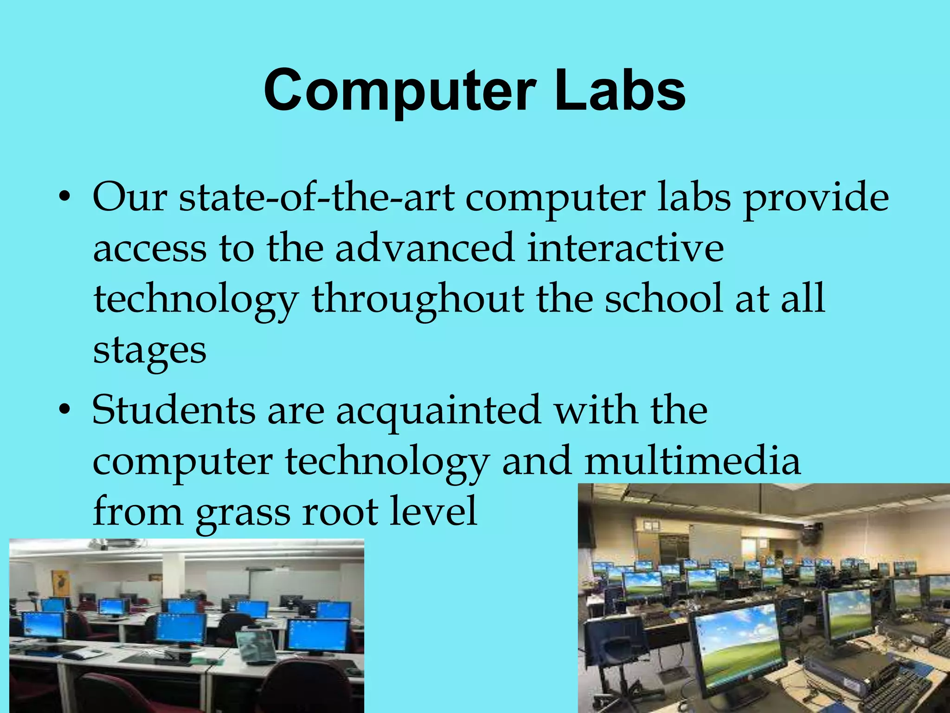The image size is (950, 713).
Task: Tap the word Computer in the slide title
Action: pyautogui.click(x=400, y=91)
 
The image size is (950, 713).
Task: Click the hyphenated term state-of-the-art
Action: pyautogui.click(x=317, y=198)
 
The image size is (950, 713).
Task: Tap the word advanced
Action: pyautogui.click(x=424, y=248)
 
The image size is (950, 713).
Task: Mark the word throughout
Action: pyautogui.click(x=417, y=299)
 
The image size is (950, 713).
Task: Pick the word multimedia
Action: pyautogui.click(x=693, y=461)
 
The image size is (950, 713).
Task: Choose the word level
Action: pyautogui.click(x=433, y=511)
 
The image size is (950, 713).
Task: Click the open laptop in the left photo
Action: pyautogui.click(x=257, y=646)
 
